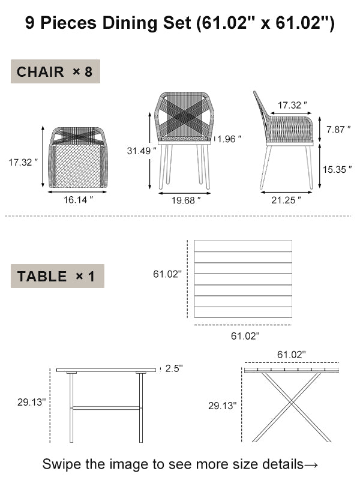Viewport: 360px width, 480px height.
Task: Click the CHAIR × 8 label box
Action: (55, 72)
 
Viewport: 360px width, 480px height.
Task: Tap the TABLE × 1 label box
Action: (57, 277)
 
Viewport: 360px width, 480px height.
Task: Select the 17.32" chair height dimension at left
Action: (23, 162)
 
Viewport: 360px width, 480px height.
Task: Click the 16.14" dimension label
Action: (79, 200)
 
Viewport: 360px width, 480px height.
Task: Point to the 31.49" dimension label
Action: (142, 151)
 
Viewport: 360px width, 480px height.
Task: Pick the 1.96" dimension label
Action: (230, 139)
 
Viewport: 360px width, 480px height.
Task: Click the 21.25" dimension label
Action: (286, 200)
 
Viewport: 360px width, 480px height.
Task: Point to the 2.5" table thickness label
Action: (173, 368)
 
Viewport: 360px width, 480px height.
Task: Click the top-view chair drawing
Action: (78, 157)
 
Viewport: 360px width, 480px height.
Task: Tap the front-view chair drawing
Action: (184, 139)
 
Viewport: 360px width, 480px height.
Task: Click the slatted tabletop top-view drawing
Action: (243, 280)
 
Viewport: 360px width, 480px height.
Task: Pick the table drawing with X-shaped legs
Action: (291, 404)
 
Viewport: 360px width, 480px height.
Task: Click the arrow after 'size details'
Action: (311, 464)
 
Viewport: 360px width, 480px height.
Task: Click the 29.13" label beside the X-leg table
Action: (222, 406)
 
